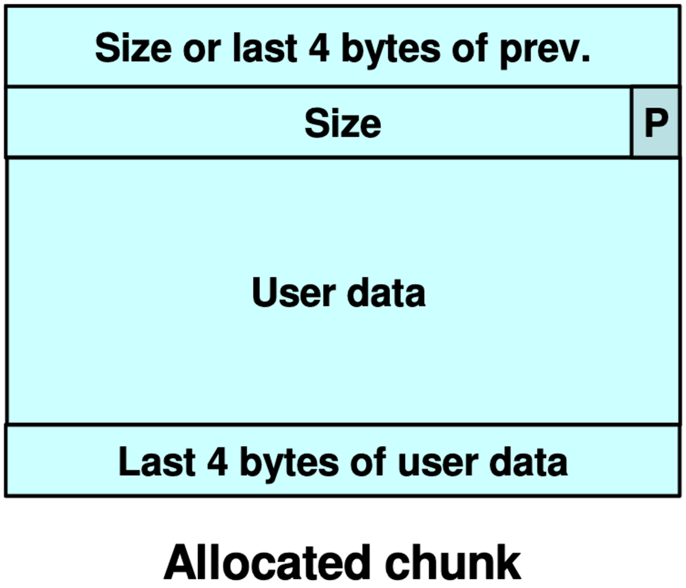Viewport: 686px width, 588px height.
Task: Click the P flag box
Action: (656, 122)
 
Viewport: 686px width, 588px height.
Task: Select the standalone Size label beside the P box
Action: (343, 124)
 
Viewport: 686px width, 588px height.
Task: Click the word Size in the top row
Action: (133, 48)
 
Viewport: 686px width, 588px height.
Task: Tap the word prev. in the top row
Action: (545, 51)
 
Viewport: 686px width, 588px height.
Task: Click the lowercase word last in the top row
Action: (265, 48)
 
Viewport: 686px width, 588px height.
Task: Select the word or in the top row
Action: (201, 51)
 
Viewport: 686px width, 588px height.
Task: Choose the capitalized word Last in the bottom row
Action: (157, 461)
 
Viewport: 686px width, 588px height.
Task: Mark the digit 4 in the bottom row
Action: (217, 462)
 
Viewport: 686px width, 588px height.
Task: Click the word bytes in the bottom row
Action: (289, 464)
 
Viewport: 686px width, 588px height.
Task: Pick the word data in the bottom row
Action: (528, 461)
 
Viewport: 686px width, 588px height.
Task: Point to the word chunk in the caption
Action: (453, 562)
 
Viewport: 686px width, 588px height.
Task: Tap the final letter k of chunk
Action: (509, 562)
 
